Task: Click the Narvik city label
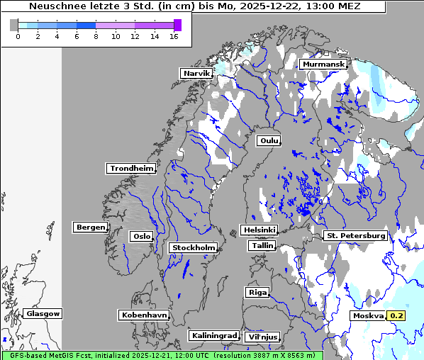[x=196, y=73]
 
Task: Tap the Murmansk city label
[x=323, y=64]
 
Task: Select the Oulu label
[x=268, y=140]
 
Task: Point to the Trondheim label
[x=131, y=168]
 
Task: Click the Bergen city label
[x=89, y=227]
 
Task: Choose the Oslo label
[x=140, y=236]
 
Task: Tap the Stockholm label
[x=193, y=247]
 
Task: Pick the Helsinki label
[x=259, y=230]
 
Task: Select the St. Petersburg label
[x=355, y=235]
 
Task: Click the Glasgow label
[x=43, y=313]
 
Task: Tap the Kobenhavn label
[x=144, y=314]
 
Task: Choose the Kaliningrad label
[x=213, y=335]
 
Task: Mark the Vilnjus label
[x=262, y=337]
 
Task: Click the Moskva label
[x=367, y=315]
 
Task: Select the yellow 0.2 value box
[x=396, y=315]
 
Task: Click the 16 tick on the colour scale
[x=174, y=36]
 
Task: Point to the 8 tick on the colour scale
[x=96, y=36]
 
